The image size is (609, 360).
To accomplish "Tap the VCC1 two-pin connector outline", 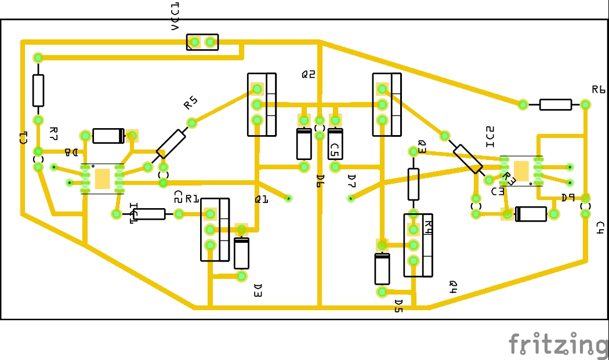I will click(x=202, y=42).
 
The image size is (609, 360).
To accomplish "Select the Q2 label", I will click(x=308, y=74).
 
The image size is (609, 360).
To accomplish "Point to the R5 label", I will click(x=190, y=103).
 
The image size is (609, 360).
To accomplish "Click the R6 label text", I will click(x=599, y=90).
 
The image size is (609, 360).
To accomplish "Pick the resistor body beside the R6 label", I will click(x=555, y=104).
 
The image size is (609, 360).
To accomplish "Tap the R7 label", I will click(x=53, y=134).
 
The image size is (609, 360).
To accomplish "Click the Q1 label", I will click(x=262, y=199).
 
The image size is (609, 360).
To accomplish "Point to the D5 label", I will click(x=398, y=306).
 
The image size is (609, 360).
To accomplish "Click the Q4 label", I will click(x=454, y=286).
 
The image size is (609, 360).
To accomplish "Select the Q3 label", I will click(x=422, y=147).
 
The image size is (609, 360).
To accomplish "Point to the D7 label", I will click(x=351, y=181).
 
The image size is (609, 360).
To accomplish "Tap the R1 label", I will click(x=192, y=199).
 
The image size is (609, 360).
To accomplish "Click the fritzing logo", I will click(x=557, y=344).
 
